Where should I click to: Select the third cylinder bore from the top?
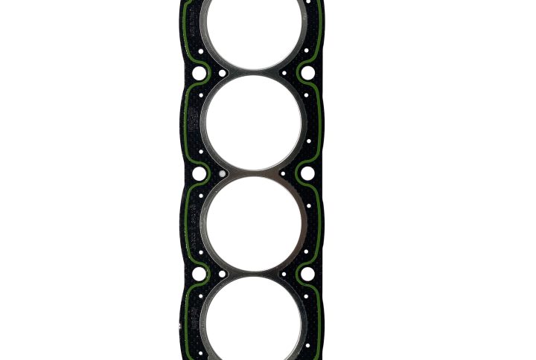click(x=254, y=223)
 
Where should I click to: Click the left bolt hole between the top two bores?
click(x=199, y=74)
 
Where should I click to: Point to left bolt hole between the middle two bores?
click(x=200, y=174)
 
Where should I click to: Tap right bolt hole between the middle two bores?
click(x=307, y=173)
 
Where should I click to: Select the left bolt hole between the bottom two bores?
click(x=199, y=274)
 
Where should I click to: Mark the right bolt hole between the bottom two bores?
click(x=307, y=274)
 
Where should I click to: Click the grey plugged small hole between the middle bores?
click(x=221, y=174)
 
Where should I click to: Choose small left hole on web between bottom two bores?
click(x=222, y=274)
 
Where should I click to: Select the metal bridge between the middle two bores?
click(x=254, y=173)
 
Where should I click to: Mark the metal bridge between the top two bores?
click(x=254, y=73)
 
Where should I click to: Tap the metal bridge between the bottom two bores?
click(x=254, y=274)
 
